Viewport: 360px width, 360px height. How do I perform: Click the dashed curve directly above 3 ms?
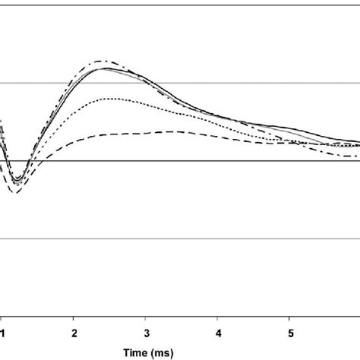pos(147,134)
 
